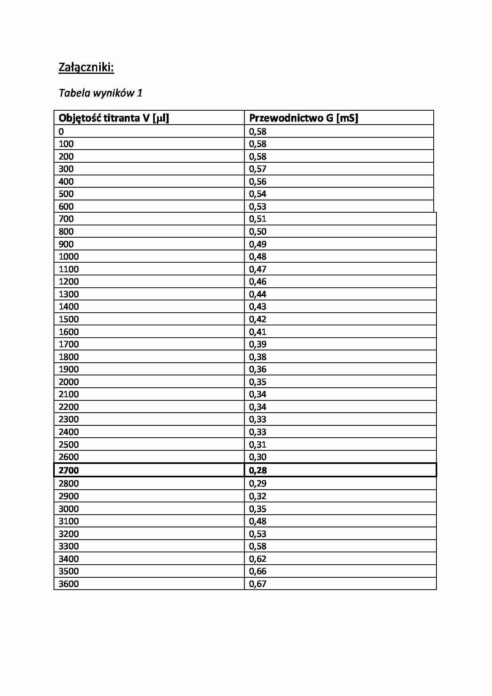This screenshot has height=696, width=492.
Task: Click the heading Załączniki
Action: coord(86,67)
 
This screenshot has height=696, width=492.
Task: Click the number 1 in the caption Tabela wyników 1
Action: coord(139,93)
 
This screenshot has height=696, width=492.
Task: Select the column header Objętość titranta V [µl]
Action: coord(114,118)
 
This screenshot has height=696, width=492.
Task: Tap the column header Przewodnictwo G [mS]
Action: coord(304,118)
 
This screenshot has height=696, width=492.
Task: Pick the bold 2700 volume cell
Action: coord(69,470)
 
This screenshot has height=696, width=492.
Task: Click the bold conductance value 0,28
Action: coord(258,470)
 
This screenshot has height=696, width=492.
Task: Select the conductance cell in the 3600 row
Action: coord(258,584)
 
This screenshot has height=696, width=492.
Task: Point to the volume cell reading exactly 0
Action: coord(61,131)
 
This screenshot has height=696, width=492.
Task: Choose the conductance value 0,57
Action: coord(258,169)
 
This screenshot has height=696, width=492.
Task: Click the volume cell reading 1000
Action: coord(69,256)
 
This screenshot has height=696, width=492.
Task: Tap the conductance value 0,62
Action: coord(258,559)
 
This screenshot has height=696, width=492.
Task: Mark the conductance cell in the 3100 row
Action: coord(258,521)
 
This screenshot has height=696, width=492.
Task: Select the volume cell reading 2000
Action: coord(69,382)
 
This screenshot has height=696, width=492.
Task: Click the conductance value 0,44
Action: coord(258,294)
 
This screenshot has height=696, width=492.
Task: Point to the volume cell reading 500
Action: coord(66,194)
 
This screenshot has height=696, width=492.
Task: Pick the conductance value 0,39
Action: coord(258,344)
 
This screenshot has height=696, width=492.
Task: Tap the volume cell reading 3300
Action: coord(69,546)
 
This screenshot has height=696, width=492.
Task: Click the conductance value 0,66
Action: coord(258,571)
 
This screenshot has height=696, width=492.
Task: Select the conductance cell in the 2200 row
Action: coord(258,407)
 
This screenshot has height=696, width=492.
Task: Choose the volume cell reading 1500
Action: coord(69,319)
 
